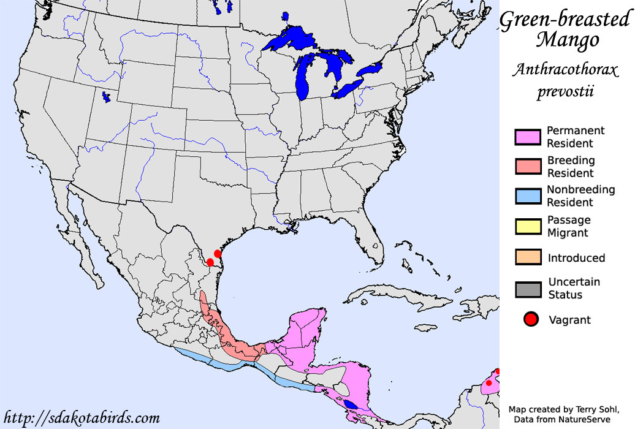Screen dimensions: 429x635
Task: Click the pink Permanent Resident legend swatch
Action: click(528, 137)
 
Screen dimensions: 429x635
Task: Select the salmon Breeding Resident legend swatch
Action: click(528, 167)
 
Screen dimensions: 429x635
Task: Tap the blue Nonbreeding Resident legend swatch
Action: click(528, 196)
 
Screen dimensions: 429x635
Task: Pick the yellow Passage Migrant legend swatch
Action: click(528, 226)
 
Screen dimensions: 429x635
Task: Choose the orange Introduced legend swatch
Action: click(528, 257)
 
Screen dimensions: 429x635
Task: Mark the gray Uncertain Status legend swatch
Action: click(528, 289)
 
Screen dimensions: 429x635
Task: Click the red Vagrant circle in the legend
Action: click(531, 319)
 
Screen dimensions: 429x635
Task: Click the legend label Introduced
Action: click(576, 258)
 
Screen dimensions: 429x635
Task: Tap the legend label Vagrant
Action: click(570, 320)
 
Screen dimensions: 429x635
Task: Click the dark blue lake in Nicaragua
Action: click(351, 404)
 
